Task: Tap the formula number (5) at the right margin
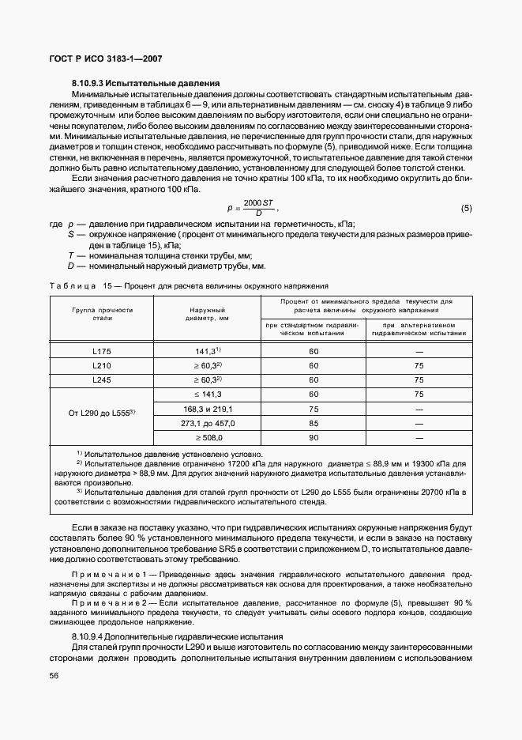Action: (466, 209)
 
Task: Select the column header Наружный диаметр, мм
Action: (208, 315)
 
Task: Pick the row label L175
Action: (101, 350)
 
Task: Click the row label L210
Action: (101, 365)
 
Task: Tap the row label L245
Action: (101, 379)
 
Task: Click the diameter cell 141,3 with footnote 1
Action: (208, 350)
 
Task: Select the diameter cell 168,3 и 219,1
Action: (208, 409)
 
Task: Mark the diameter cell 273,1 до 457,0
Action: (208, 423)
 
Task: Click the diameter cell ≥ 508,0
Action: (208, 437)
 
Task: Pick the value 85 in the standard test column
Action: (314, 423)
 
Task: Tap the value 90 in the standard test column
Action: (314, 437)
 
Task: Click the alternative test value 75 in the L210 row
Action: (419, 365)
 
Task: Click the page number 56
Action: (54, 674)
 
